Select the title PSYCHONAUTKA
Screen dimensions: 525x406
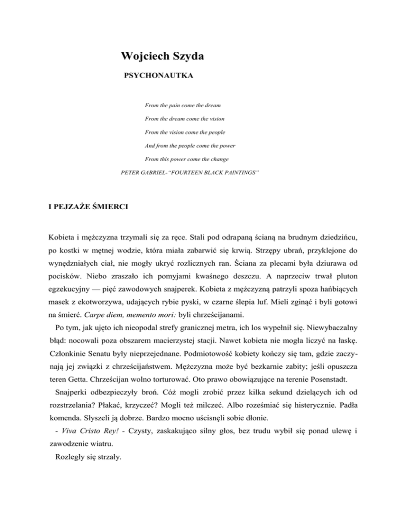click(158, 77)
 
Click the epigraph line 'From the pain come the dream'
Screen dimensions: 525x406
click(182, 99)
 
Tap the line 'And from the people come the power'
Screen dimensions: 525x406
click(190, 145)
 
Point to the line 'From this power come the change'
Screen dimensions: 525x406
click(186, 159)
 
